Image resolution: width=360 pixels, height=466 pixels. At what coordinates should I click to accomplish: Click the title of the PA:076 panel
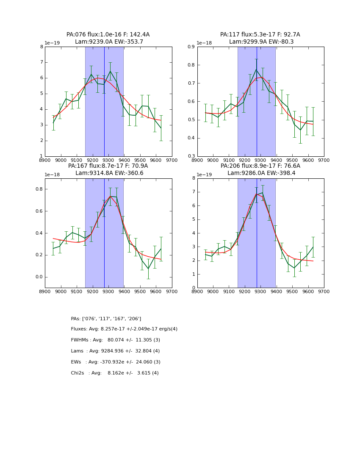click(x=108, y=35)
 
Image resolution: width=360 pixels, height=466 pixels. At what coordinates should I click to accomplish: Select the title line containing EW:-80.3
click(x=260, y=42)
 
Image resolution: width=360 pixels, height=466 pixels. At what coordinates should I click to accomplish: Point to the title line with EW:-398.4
click(x=260, y=173)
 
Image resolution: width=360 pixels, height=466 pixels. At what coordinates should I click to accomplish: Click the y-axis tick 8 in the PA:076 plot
click(x=42, y=47)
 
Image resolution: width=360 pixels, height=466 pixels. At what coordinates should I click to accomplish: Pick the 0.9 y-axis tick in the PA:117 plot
click(x=191, y=47)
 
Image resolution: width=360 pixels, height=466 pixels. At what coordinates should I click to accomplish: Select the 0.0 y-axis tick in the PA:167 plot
click(x=38, y=277)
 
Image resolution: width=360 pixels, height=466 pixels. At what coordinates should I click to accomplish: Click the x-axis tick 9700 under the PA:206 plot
click(x=324, y=291)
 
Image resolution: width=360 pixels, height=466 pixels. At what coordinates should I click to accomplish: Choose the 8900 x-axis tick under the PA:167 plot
click(x=45, y=291)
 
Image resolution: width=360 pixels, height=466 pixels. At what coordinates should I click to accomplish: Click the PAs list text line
click(x=106, y=319)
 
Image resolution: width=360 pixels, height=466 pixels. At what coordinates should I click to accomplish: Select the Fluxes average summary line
click(x=124, y=329)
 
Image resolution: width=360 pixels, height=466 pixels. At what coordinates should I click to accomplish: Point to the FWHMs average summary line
click(x=115, y=340)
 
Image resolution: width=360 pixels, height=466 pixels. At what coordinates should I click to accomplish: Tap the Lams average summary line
click(x=115, y=351)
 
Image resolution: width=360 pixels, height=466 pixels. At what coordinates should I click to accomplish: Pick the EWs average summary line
click(x=115, y=362)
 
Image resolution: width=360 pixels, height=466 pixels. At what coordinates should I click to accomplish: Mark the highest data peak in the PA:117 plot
click(x=256, y=69)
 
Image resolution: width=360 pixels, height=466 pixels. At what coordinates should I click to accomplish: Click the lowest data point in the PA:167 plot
click(x=148, y=269)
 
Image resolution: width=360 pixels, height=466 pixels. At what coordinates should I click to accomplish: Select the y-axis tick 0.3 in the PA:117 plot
click(x=191, y=156)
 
